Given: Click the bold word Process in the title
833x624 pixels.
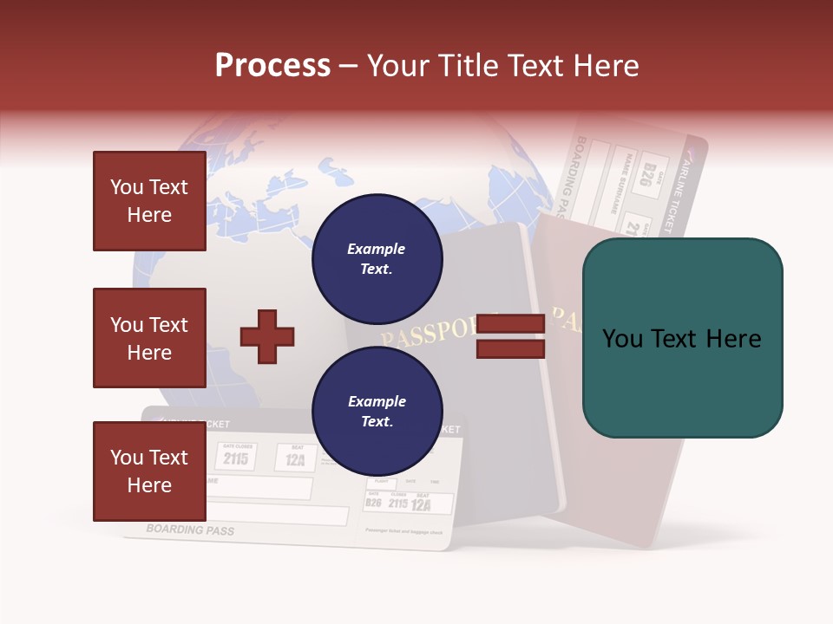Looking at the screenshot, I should point(272,65).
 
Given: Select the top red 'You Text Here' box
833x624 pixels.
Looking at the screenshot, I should point(149,201).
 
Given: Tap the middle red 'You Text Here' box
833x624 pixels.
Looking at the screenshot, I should point(149,338).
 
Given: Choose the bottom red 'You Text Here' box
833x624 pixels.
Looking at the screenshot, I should point(149,471).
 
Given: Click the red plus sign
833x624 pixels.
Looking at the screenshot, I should point(267,336).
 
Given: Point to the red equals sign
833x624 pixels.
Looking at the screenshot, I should point(511,336).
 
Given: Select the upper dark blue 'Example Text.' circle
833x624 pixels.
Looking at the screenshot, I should point(377,258).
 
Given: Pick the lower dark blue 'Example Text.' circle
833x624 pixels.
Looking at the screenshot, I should point(377,411).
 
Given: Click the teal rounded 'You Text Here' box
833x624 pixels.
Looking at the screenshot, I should point(682,338).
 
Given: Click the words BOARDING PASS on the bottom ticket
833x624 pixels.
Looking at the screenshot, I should point(190,529).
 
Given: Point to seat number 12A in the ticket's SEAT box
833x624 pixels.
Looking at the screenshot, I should point(296,459).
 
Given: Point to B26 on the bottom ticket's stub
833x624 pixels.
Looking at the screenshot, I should point(374,503).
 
